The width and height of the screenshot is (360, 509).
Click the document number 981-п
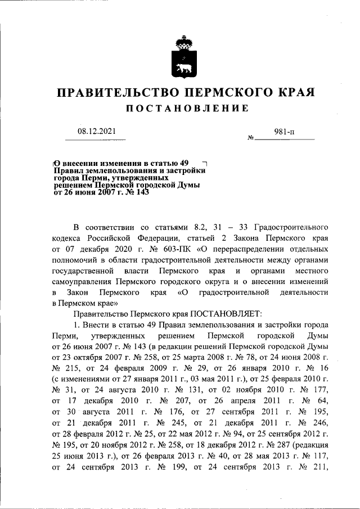(x=284, y=132)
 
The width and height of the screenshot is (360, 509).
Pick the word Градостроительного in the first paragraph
(x=291, y=228)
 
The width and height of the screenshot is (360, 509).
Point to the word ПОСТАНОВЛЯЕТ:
(x=226, y=313)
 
